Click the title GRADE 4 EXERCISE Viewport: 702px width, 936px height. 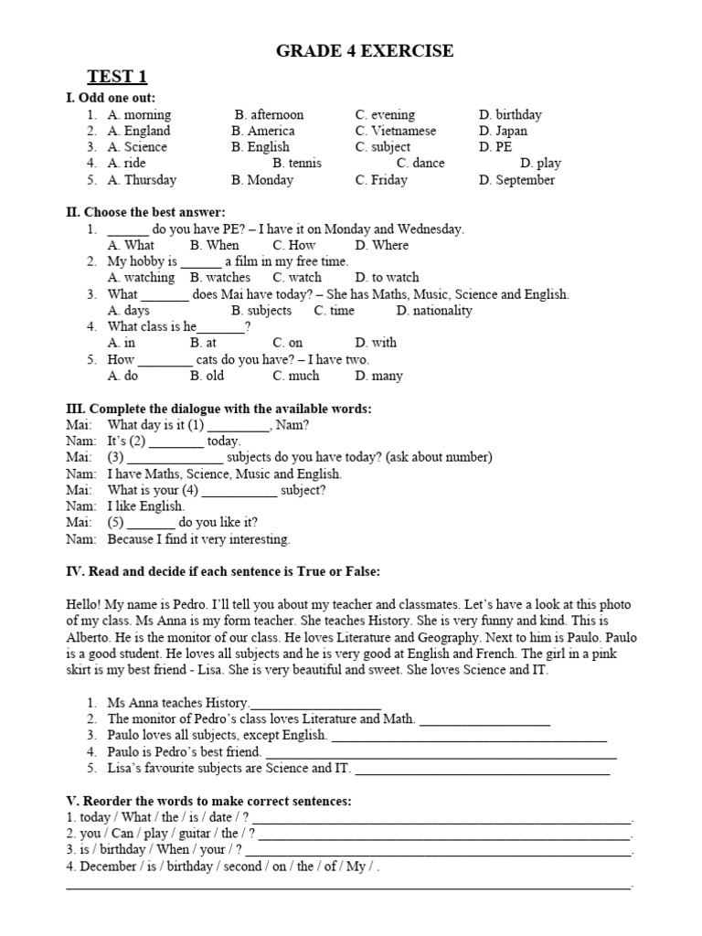pos(365,51)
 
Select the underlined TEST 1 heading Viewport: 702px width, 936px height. pos(117,77)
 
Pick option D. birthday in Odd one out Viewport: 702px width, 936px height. pos(509,115)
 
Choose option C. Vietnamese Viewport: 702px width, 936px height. pos(396,131)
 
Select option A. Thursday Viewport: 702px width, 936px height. pos(142,180)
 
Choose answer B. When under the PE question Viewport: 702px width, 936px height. pos(214,245)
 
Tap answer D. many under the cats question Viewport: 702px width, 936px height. pos(378,376)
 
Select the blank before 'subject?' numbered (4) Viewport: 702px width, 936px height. pos(239,491)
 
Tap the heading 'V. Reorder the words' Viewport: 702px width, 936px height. pos(208,801)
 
